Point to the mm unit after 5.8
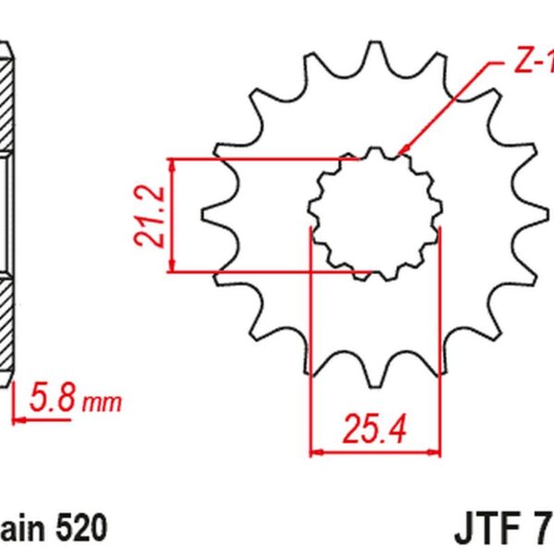point(102,403)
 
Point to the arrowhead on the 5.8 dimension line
point(18,417)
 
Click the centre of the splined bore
point(375,214)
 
